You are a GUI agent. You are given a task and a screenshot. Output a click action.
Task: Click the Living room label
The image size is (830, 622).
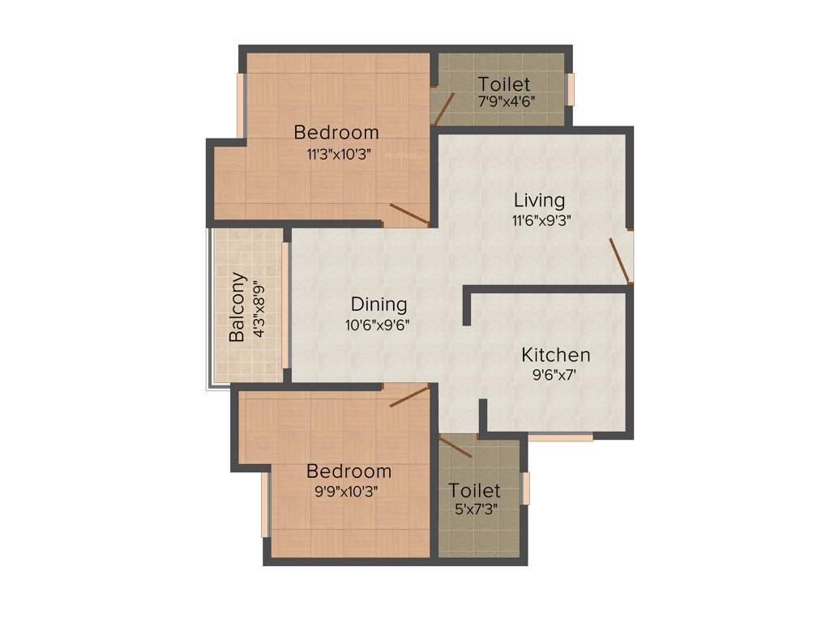pos(539,200)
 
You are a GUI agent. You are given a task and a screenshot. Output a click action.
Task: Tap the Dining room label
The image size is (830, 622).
pos(379,305)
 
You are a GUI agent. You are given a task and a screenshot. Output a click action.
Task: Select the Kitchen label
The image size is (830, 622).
pos(555,355)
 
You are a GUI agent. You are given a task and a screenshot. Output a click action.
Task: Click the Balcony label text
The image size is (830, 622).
pos(237,307)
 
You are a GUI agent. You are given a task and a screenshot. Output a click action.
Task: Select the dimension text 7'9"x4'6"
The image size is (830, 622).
pos(505,102)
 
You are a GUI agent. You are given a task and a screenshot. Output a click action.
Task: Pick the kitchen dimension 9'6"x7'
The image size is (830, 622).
pos(555,375)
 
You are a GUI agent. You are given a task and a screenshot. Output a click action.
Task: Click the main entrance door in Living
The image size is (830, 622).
pos(620,260)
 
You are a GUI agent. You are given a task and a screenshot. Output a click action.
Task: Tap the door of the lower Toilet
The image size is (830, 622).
pos(456,446)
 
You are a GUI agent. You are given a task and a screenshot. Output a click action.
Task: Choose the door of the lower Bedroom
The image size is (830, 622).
pos(409,396)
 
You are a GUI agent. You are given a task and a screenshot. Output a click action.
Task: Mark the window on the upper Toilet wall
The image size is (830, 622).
pos(570,89)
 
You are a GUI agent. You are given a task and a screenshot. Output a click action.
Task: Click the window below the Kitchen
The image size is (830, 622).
pos(560,437)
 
